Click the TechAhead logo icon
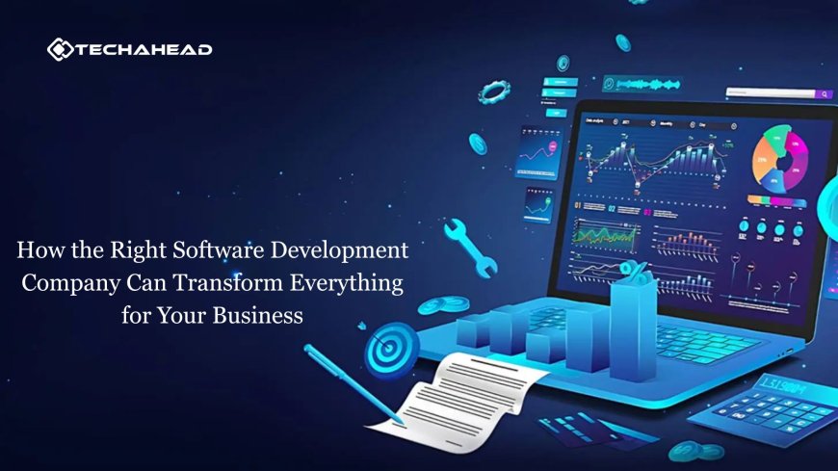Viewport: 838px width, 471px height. (59, 50)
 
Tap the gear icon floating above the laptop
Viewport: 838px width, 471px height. (495, 92)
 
